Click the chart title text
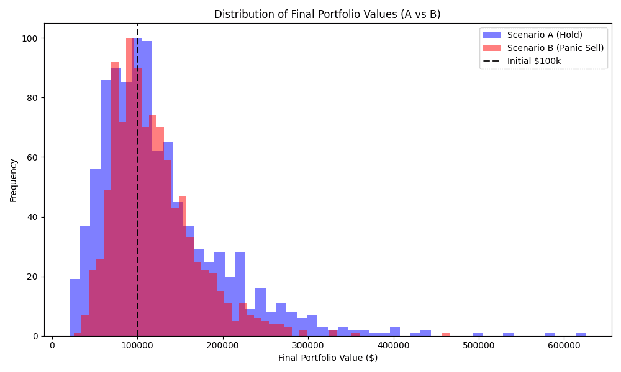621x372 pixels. pyautogui.click(x=327, y=14)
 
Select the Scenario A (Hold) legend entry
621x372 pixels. pyautogui.click(x=532, y=35)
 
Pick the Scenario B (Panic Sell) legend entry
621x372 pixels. pyautogui.click(x=543, y=48)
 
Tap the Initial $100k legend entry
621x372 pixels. pyautogui.click(x=522, y=61)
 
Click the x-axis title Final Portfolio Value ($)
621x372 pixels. pyautogui.click(x=327, y=358)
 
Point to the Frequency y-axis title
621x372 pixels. pyautogui.click(x=14, y=180)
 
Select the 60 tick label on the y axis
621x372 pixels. pyautogui.click(x=34, y=157)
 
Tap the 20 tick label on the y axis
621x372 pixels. pyautogui.click(x=34, y=277)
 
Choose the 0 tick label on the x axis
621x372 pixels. pyautogui.click(x=52, y=345)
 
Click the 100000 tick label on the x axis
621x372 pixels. pyautogui.click(x=137, y=345)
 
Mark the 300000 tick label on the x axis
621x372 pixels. pyautogui.click(x=308, y=345)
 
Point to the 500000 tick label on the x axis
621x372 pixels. pyautogui.click(x=479, y=345)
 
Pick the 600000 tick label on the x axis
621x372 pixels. pyautogui.click(x=564, y=345)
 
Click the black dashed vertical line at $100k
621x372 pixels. pyautogui.click(x=137, y=180)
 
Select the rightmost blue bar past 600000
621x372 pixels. pyautogui.click(x=581, y=334)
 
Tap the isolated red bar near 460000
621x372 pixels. pyautogui.click(x=446, y=334)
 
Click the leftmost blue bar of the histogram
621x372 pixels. pyautogui.click(x=75, y=308)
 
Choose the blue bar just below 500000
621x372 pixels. pyautogui.click(x=478, y=334)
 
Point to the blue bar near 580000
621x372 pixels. pyautogui.click(x=550, y=334)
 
